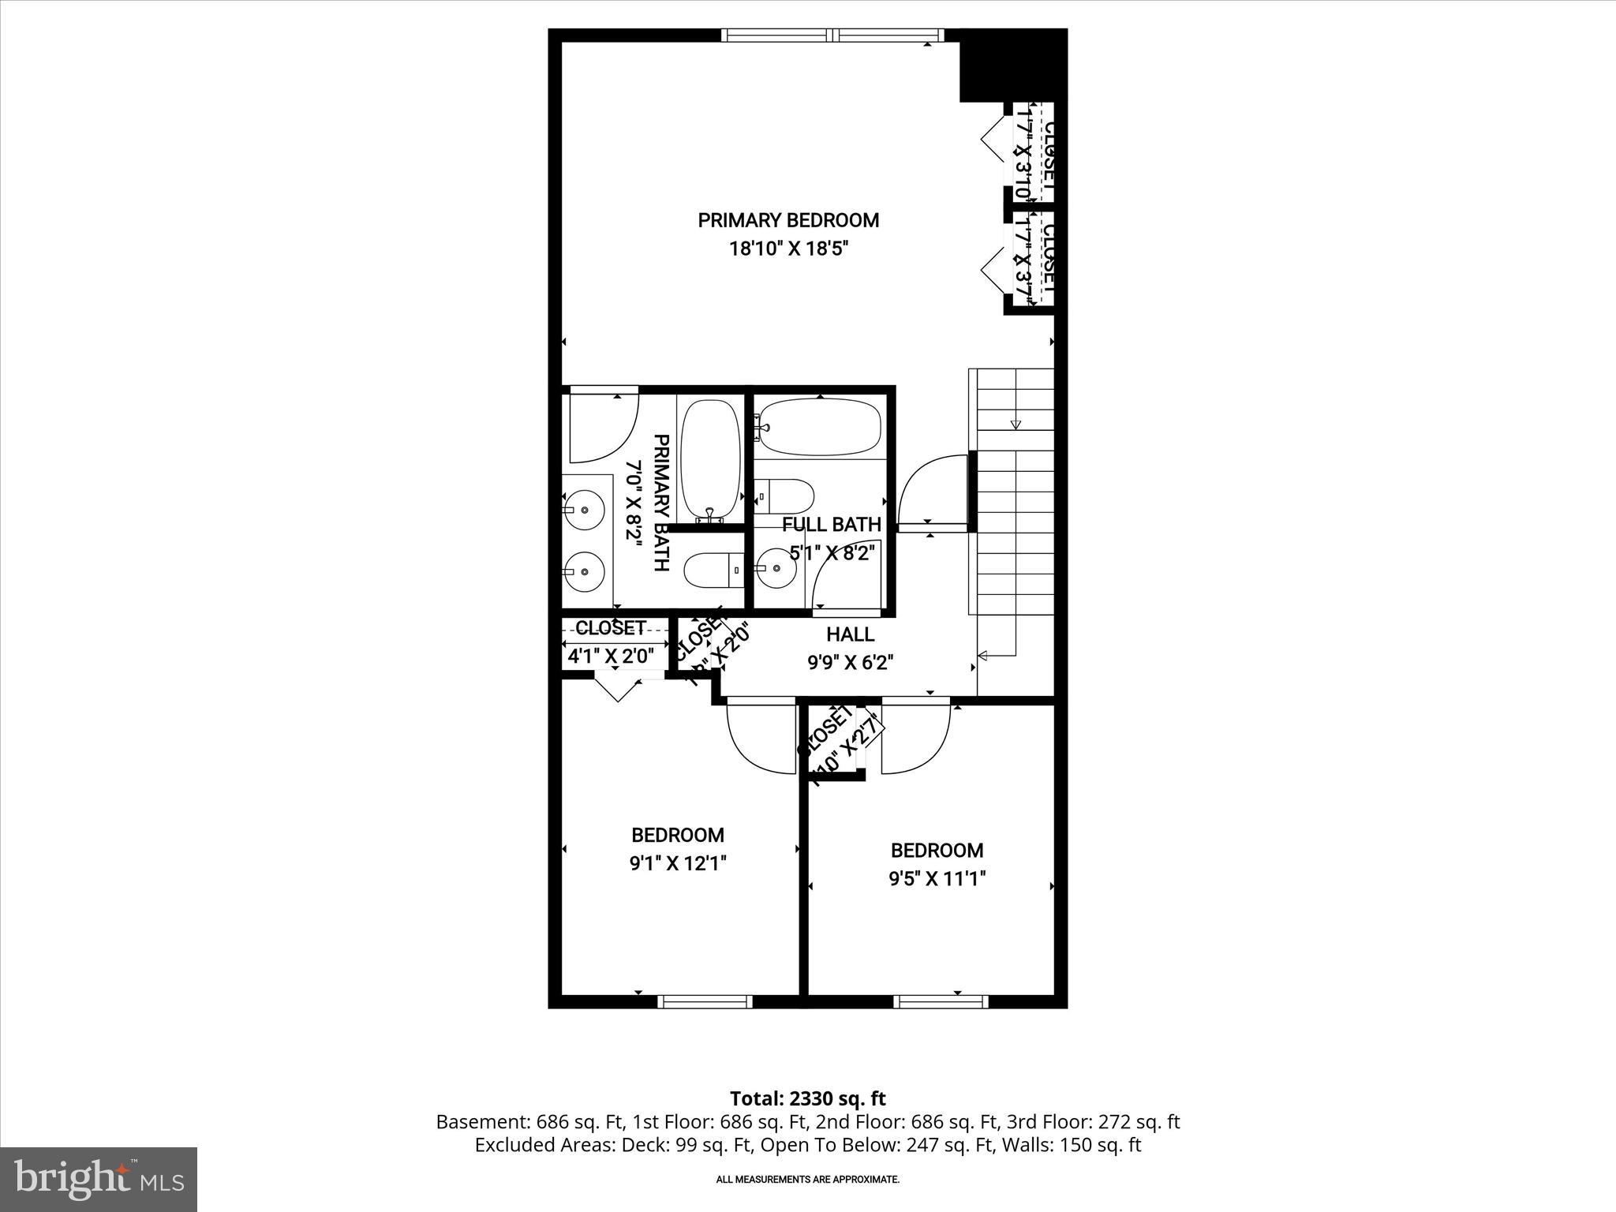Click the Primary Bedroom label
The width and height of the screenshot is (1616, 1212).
pos(787,220)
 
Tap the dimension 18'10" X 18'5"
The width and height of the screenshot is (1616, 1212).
pos(787,249)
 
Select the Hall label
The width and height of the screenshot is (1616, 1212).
pos(850,634)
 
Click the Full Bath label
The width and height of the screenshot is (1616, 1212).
pos(831,525)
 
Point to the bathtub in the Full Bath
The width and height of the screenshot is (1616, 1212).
pos(821,427)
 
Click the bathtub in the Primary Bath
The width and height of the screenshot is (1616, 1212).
pos(710,458)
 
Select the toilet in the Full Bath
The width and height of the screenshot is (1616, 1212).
pos(786,496)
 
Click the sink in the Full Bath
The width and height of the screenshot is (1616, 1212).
pos(776,567)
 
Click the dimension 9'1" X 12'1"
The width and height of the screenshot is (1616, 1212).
pos(677,863)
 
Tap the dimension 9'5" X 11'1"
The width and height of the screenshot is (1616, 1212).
pos(937,878)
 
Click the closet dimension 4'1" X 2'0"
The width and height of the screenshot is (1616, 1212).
pos(611,656)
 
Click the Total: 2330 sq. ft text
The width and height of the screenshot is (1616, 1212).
pos(807,1098)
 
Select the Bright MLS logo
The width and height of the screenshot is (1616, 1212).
pos(99,1179)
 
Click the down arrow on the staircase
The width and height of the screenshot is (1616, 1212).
pos(1016,425)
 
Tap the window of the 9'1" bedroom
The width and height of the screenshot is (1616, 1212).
pos(705,1001)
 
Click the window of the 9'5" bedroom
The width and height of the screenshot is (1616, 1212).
pos(941,1001)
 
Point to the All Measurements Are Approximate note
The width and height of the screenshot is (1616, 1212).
pos(807,1180)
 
